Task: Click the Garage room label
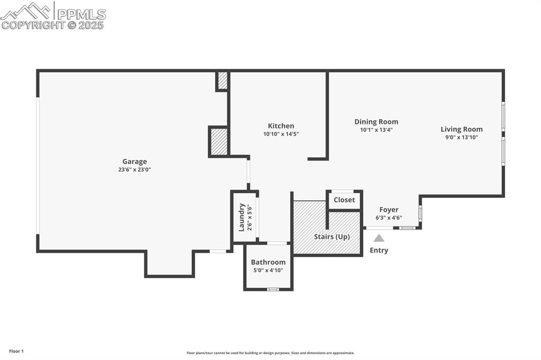[135, 162]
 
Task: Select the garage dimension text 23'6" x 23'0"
[135, 170]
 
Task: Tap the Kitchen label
[281, 126]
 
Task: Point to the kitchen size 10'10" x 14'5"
[281, 134]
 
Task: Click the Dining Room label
[376, 121]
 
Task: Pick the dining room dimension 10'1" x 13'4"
[376, 130]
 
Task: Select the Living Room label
[462, 129]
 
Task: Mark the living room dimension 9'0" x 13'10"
[462, 137]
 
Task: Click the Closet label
[344, 200]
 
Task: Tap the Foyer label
[389, 210]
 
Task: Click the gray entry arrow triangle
[379, 238]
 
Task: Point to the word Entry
[379, 250]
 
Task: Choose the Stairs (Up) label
[332, 236]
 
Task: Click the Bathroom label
[268, 262]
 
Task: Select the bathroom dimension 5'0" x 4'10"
[268, 270]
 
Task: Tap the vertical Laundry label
[241, 217]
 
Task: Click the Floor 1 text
[16, 351]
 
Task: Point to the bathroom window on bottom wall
[273, 289]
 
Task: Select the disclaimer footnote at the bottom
[270, 353]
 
